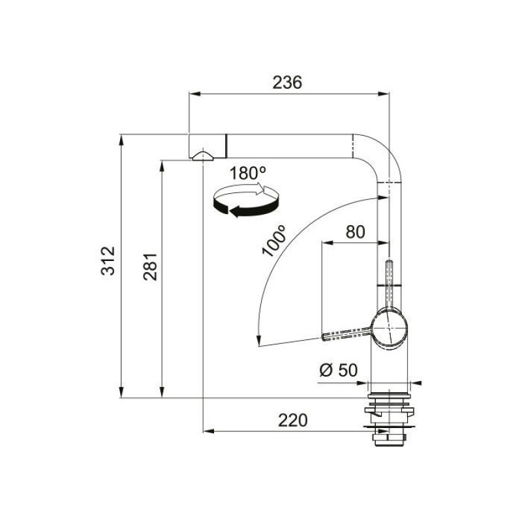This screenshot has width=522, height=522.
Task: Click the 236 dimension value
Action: click(x=287, y=83)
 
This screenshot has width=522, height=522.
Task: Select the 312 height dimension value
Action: click(x=108, y=260)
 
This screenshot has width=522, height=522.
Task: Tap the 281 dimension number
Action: click(x=150, y=267)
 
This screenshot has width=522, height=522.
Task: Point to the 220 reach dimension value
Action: click(x=292, y=420)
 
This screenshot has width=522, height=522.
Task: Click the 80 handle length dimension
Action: click(x=355, y=232)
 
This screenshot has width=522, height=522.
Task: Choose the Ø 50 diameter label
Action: click(x=338, y=370)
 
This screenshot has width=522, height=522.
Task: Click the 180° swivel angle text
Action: click(x=248, y=173)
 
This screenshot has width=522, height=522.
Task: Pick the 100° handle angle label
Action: click(x=274, y=240)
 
